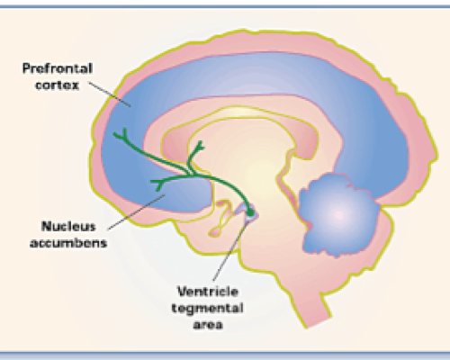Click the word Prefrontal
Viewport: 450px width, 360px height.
(58, 68)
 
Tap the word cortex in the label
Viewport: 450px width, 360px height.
(57, 85)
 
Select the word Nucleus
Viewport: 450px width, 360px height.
(68, 227)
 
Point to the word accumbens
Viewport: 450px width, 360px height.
(68, 243)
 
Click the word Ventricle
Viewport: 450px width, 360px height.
(208, 292)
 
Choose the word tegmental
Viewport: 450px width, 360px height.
(207, 308)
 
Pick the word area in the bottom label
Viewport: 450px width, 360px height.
(208, 325)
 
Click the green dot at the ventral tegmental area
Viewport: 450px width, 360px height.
(249, 212)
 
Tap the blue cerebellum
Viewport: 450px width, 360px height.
(339, 214)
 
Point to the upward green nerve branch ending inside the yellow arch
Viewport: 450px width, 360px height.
(199, 147)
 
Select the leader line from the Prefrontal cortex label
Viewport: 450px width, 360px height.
(110, 94)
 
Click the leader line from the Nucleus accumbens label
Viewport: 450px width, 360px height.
(137, 212)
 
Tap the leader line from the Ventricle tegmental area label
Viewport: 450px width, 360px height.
(230, 250)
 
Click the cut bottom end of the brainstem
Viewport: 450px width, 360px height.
(318, 321)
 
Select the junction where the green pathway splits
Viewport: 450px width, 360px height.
(192, 174)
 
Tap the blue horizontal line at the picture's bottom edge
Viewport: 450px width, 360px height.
(225, 353)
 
